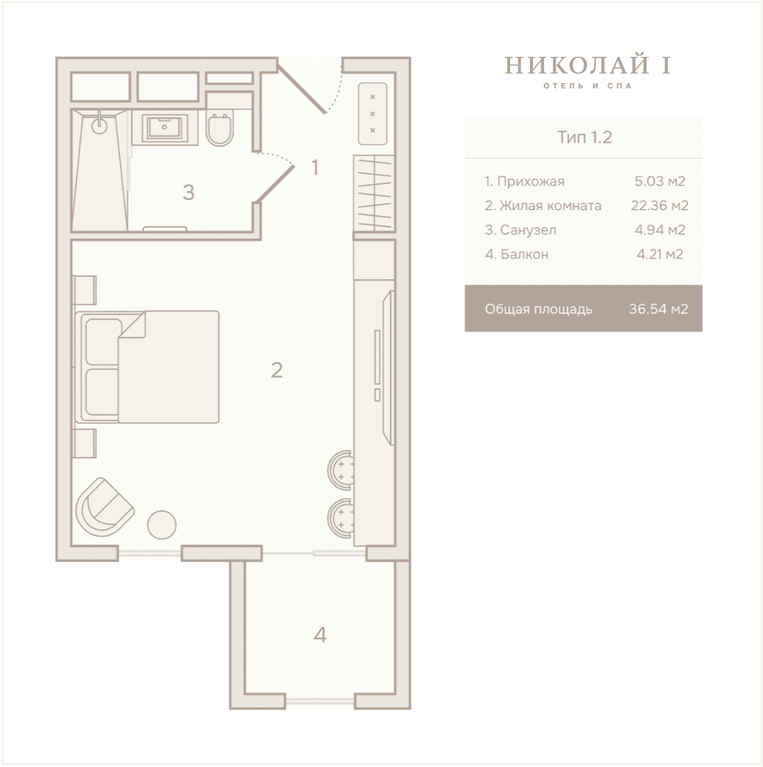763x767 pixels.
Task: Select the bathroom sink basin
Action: (x=164, y=127)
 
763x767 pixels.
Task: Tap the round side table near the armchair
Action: (x=162, y=525)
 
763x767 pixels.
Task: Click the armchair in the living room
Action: (x=104, y=508)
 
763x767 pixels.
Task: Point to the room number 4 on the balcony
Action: (x=320, y=635)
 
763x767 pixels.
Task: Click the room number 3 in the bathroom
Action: (x=188, y=192)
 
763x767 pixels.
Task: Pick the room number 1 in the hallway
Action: (x=315, y=168)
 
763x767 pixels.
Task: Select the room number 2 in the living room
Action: (x=276, y=370)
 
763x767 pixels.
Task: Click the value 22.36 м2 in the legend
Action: (x=659, y=205)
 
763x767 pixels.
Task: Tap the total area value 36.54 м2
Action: (x=659, y=309)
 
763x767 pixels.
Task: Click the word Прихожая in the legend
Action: (x=531, y=182)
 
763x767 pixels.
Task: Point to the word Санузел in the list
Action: (x=528, y=230)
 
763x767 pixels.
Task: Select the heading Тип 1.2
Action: (x=585, y=138)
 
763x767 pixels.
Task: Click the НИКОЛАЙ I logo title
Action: (x=588, y=65)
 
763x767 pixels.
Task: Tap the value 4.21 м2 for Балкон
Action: (x=660, y=254)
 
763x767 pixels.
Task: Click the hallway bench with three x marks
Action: (x=372, y=114)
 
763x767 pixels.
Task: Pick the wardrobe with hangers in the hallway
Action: (x=374, y=193)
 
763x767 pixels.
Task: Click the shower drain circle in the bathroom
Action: (x=100, y=125)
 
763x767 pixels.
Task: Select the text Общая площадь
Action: (x=539, y=310)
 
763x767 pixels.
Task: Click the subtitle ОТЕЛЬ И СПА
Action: (x=588, y=86)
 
